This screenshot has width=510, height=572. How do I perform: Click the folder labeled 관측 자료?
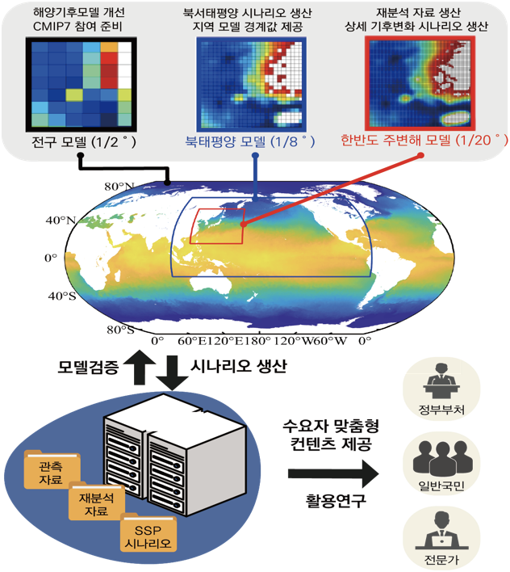(x=52, y=470)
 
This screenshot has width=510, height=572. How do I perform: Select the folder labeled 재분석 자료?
(x=97, y=501)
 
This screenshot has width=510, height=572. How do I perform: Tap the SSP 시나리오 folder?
(x=148, y=532)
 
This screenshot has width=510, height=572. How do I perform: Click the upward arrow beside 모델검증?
(x=140, y=367)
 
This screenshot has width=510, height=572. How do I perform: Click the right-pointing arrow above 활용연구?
(x=333, y=473)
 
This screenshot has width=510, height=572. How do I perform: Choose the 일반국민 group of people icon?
(x=441, y=458)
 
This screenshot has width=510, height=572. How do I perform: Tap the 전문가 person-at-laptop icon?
(x=441, y=530)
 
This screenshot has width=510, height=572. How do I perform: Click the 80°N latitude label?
(x=119, y=187)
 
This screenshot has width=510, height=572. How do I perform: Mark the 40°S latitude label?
(x=62, y=296)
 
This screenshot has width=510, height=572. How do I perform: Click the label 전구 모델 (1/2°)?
(x=84, y=142)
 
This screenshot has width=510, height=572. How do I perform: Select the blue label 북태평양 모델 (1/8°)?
(x=250, y=141)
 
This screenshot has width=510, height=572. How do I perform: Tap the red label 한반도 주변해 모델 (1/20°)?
(x=424, y=140)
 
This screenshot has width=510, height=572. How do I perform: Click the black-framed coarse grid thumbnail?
(x=82, y=84)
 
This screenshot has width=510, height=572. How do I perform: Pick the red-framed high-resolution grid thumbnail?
(x=420, y=83)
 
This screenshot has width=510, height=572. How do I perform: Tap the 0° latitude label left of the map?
(x=51, y=258)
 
